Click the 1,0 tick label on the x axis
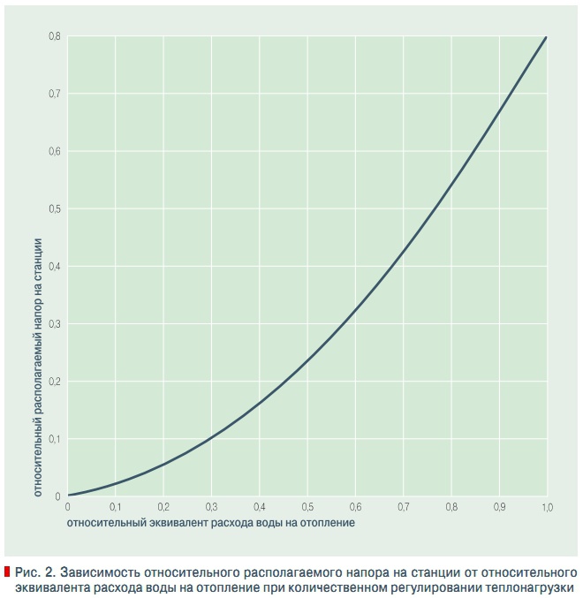pos(546,508)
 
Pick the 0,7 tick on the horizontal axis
pos(403,508)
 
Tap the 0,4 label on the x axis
pos(260,508)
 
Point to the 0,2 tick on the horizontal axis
pos(163,508)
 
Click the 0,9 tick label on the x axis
pos(498,508)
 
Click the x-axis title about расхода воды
pos(211,523)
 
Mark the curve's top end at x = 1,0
pos(546,38)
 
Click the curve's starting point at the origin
pos(69,496)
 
